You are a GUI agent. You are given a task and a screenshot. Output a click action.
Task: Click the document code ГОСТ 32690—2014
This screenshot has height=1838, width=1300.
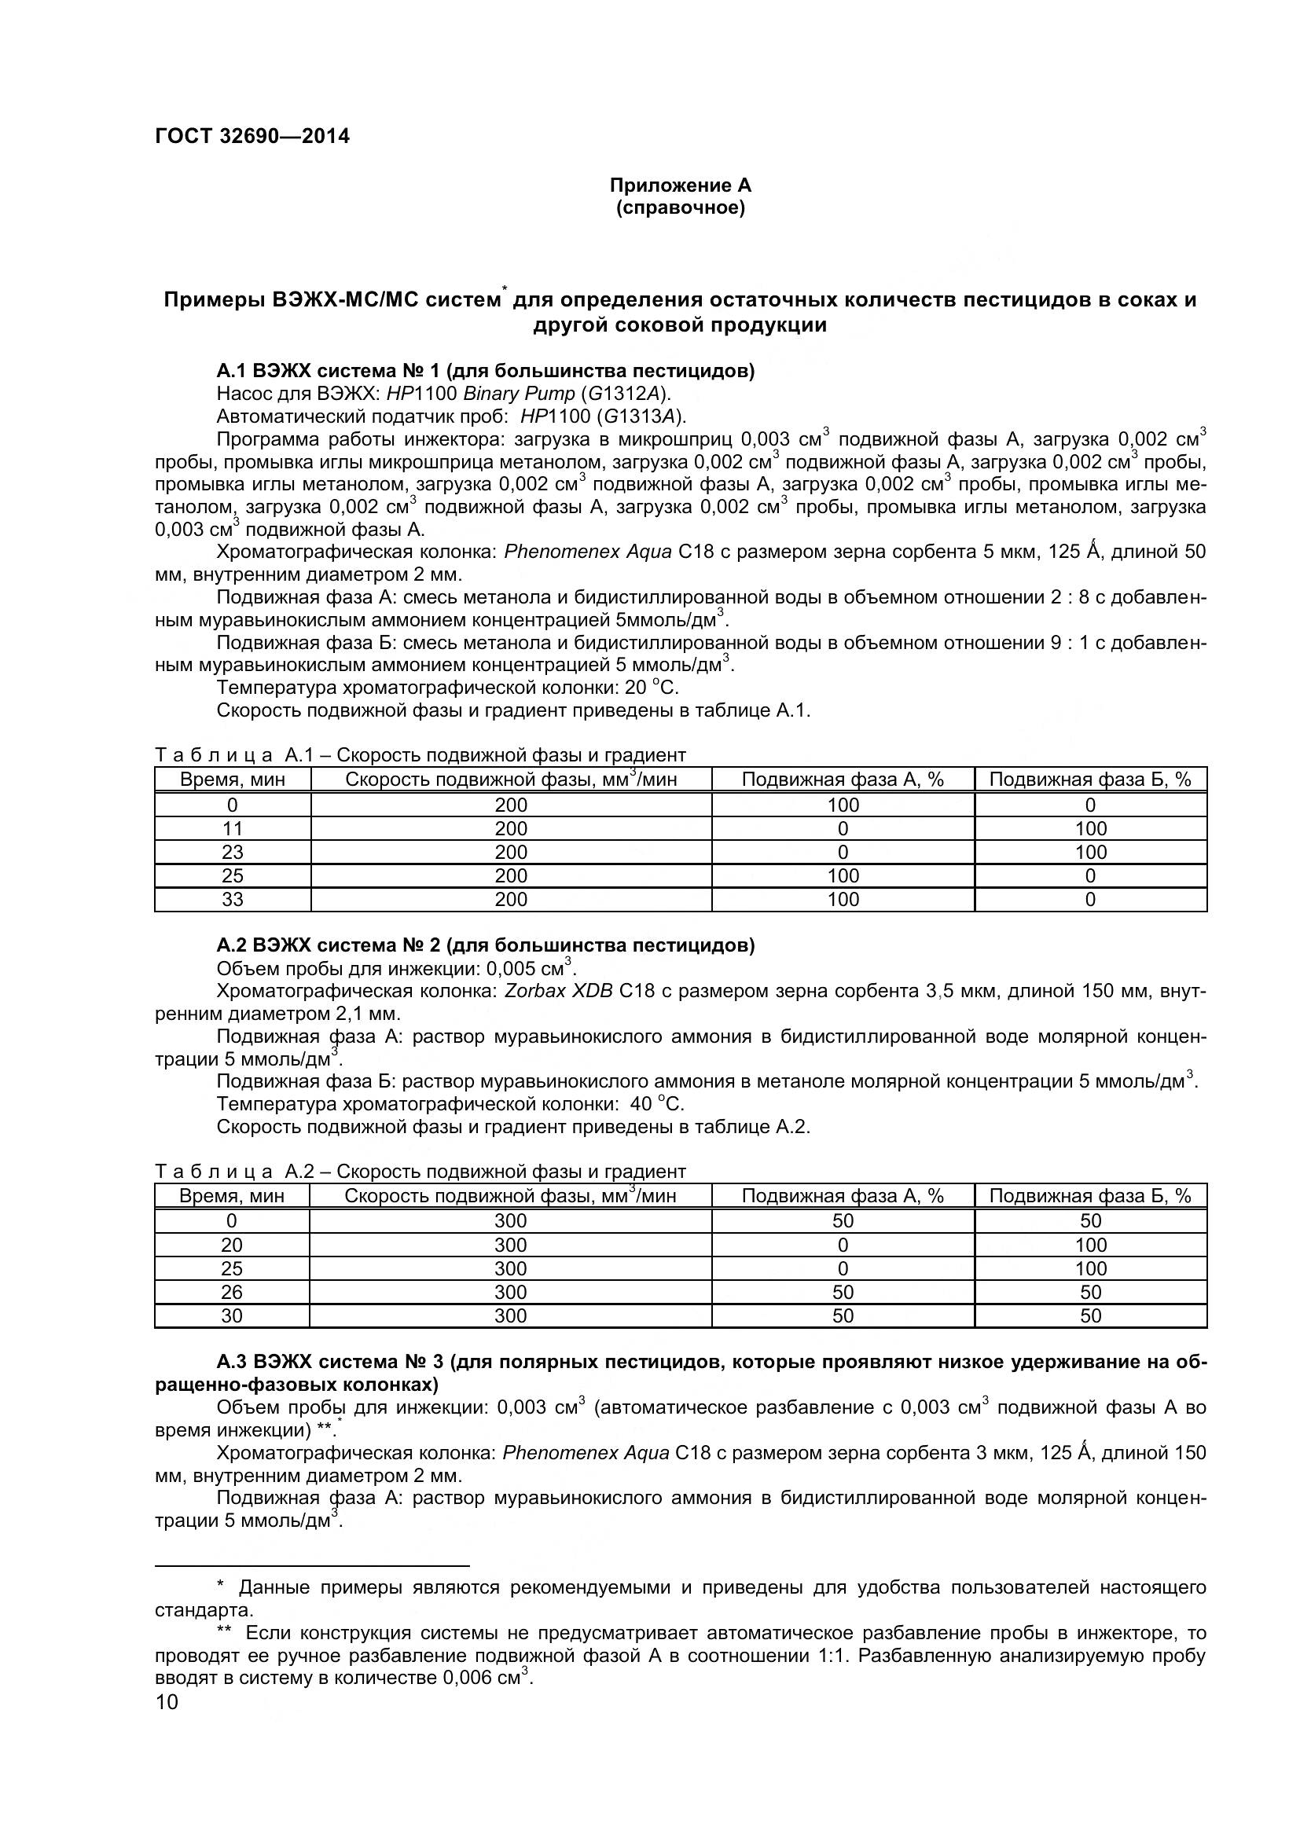(x=252, y=136)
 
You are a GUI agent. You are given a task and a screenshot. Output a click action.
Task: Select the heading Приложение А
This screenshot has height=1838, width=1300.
(x=681, y=185)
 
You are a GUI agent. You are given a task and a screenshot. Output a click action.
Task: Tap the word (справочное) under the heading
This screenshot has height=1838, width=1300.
(x=681, y=208)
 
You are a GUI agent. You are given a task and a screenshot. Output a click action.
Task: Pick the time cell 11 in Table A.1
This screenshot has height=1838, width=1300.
(x=232, y=828)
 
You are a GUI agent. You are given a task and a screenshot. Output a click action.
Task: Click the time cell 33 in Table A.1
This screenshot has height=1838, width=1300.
(x=232, y=900)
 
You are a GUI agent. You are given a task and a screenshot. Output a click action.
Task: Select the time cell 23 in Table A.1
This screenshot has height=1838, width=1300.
(x=232, y=852)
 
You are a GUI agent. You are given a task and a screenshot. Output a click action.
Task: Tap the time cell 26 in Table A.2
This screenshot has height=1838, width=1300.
(x=231, y=1292)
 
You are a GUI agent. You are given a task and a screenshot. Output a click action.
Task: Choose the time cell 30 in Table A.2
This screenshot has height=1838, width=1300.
(x=231, y=1315)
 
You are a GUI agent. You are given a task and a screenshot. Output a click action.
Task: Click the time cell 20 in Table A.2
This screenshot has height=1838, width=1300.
(x=231, y=1245)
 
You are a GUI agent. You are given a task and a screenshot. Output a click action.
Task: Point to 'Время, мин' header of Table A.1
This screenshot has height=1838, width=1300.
(x=232, y=780)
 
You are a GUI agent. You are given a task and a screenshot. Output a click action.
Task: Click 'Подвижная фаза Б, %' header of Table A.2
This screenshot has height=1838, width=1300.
(x=1090, y=1196)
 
